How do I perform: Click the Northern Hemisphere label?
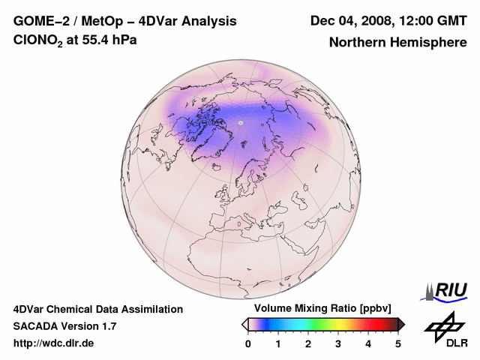(x=397, y=42)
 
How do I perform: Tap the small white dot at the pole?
(x=241, y=122)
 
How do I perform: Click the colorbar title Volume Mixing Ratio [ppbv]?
(x=323, y=309)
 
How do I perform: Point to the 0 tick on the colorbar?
(x=248, y=343)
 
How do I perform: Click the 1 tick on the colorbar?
(x=278, y=343)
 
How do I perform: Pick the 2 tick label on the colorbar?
(x=308, y=343)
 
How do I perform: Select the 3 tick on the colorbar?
(x=338, y=343)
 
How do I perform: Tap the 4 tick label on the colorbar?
(x=368, y=343)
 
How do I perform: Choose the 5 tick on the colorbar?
(x=398, y=343)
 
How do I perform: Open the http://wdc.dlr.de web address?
(x=54, y=343)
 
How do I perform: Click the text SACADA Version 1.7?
(x=64, y=326)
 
